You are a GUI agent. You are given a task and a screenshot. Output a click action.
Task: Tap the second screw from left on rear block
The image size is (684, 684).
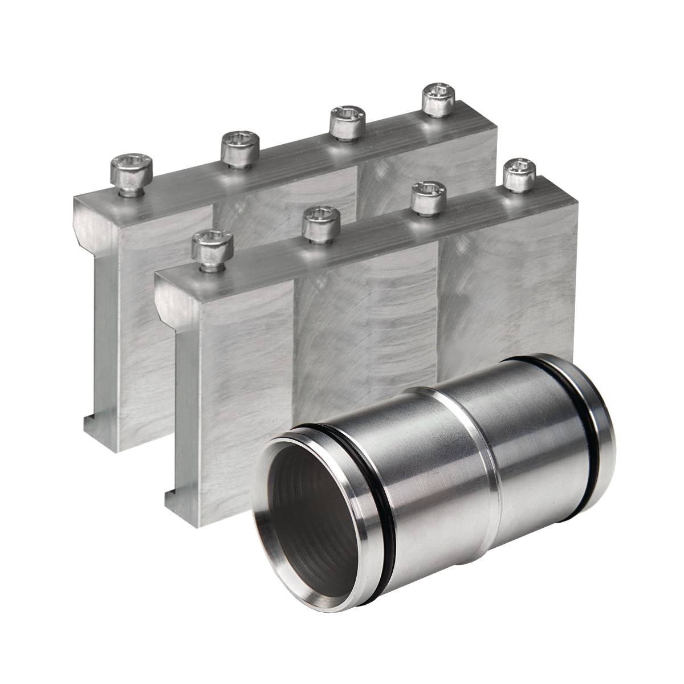[240, 149]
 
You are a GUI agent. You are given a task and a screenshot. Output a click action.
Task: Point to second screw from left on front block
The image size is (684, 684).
[321, 223]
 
